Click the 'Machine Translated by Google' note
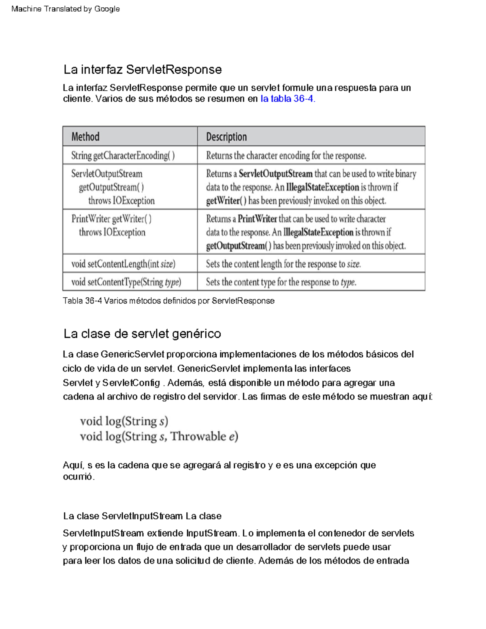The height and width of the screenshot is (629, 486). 66,9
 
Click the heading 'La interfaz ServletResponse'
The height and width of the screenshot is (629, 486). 143,70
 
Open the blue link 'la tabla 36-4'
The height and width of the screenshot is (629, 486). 287,99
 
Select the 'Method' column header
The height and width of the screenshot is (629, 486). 85,136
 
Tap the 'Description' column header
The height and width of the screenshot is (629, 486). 226,137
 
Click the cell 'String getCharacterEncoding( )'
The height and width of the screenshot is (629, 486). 123,156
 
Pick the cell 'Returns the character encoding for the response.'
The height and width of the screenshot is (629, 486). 286,156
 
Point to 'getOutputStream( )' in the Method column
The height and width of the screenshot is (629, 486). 111,187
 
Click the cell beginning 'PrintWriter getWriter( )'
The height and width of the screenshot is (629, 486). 112,219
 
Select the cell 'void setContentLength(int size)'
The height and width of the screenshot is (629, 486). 123,264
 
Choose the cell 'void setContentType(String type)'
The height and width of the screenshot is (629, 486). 126,282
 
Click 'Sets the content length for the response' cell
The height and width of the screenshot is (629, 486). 283,264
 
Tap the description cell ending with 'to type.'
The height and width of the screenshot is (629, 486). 281,282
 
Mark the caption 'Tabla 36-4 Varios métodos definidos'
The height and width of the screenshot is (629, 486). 168,301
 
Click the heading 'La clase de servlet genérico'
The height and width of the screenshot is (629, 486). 142,334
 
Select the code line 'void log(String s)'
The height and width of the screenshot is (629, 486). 124,422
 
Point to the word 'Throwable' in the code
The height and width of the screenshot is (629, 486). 198,436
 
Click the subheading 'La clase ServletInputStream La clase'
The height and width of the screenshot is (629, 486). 142,516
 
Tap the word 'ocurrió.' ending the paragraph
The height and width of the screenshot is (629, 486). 79,477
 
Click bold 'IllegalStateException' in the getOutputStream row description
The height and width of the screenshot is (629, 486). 322,187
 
